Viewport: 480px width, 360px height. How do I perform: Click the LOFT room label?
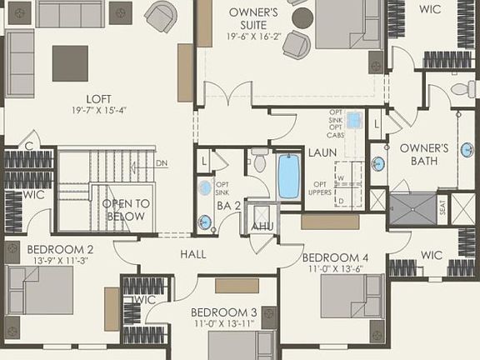pyautogui.click(x=98, y=97)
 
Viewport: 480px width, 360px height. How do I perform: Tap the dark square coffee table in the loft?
pyautogui.click(x=70, y=63)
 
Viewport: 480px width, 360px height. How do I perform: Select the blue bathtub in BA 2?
pyautogui.click(x=289, y=176)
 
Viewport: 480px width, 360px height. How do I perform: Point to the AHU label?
pyautogui.click(x=262, y=227)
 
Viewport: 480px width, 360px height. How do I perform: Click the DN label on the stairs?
pyautogui.click(x=162, y=163)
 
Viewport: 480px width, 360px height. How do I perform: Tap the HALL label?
pyautogui.click(x=192, y=254)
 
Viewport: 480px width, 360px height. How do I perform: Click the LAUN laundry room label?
pyautogui.click(x=322, y=153)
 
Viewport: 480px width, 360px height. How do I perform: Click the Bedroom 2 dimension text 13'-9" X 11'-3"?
pyautogui.click(x=60, y=260)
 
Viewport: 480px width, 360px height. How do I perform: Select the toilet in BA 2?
pyautogui.click(x=259, y=160)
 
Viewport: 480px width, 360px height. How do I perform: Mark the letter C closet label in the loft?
pyautogui.click(x=28, y=143)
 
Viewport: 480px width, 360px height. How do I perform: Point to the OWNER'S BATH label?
pyautogui.click(x=424, y=154)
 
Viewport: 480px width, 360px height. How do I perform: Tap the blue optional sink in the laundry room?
pyautogui.click(x=354, y=120)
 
